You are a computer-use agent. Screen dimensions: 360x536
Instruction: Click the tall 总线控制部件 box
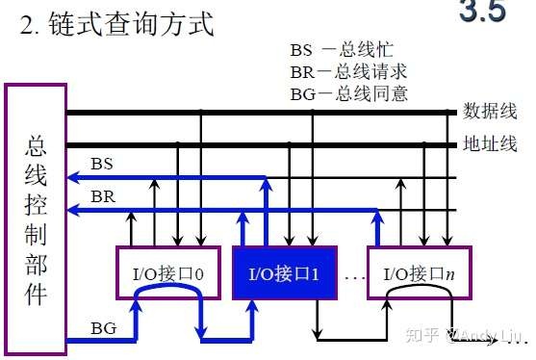pos(38,219)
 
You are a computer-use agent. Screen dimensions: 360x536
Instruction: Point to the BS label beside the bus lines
pos(102,164)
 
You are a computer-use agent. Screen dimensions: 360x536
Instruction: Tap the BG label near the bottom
pos(103,328)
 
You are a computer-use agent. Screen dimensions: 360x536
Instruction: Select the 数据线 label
pos(490,110)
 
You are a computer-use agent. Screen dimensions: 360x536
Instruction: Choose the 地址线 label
pos(490,144)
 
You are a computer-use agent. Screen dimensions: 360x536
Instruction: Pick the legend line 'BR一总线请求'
pos(348,71)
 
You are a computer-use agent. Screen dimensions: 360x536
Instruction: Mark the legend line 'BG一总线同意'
pos(348,93)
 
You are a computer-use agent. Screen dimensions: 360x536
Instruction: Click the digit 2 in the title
pos(27,24)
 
